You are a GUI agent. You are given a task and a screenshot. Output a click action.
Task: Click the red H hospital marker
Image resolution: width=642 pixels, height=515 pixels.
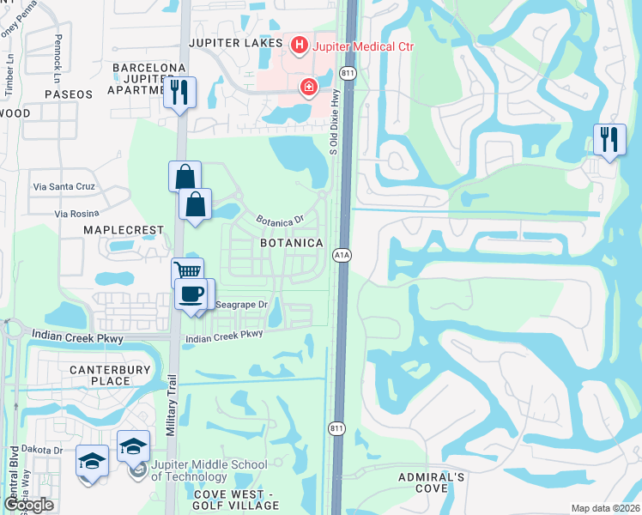point(300,45)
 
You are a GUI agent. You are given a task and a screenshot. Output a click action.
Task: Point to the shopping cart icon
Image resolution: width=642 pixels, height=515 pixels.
point(187,272)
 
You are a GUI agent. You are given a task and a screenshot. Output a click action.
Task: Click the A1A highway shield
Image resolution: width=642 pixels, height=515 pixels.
point(341,255)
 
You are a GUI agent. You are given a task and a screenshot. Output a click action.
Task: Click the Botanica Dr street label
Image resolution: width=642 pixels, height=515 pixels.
point(282,220)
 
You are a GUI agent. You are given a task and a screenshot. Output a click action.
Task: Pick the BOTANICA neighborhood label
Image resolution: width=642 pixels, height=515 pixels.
point(292,244)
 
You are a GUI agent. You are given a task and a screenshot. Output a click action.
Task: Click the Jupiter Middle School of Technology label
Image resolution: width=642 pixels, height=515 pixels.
point(209,470)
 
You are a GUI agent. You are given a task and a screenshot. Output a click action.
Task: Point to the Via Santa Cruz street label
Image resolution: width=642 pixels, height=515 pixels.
point(64,186)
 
